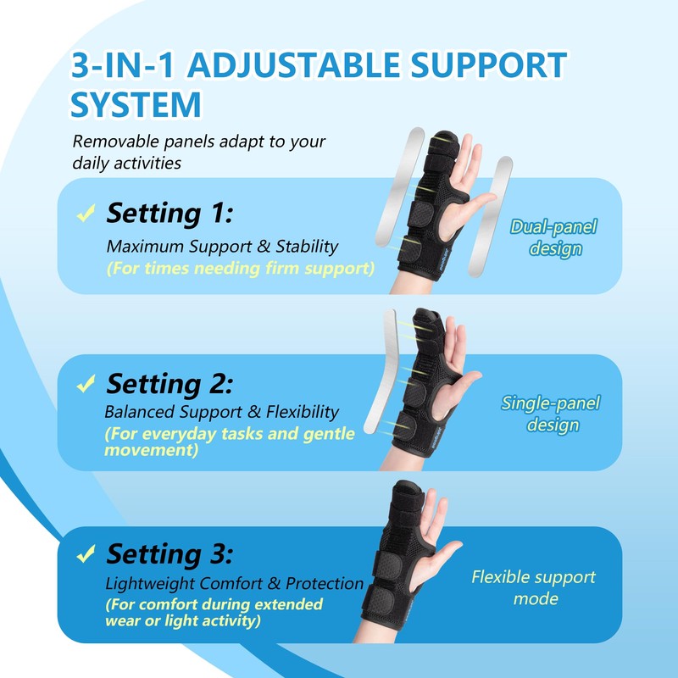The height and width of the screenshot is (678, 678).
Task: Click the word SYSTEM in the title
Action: pos(136,105)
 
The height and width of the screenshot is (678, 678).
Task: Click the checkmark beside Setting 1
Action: pos(86,214)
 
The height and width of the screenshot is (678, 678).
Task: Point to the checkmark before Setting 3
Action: pos(86,555)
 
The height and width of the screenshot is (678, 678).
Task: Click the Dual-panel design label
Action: pos(553,237)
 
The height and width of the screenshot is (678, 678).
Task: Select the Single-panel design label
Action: pos(551,414)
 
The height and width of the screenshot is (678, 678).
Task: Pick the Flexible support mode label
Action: pos(533,587)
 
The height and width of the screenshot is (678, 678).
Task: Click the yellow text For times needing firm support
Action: pos(240,269)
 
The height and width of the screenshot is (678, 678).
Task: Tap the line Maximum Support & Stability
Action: pos(222,247)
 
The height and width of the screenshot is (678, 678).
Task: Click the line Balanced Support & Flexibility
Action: pos(221,413)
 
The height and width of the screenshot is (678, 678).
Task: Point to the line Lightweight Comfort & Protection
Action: pos(235,584)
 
